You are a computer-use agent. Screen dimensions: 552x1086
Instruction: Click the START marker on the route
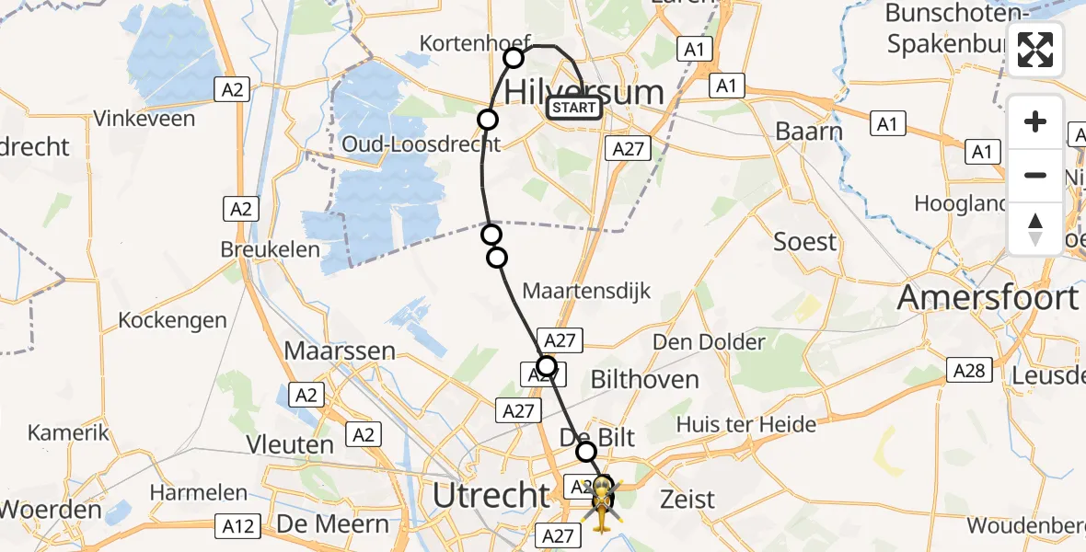[x=574, y=109]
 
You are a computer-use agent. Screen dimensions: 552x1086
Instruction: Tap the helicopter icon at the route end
[x=601, y=504]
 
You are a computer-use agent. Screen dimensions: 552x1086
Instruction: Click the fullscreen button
[x=1035, y=50]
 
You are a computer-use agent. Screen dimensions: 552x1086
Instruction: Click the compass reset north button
[x=1035, y=229]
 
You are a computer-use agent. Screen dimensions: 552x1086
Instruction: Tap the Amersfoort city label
[x=987, y=298]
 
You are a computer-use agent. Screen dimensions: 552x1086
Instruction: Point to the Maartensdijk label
[x=586, y=292]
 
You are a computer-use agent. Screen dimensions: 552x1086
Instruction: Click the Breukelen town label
[x=271, y=249]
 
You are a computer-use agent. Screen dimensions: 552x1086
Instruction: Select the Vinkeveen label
[x=144, y=119]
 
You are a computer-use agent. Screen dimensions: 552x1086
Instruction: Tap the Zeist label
[x=687, y=500]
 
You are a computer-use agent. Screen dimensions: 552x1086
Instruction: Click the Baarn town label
[x=809, y=131]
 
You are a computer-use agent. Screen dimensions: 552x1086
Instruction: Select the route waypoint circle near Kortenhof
[x=514, y=59]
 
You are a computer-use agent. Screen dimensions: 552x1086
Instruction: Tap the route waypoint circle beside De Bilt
[x=586, y=452]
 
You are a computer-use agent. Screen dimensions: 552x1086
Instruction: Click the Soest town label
[x=805, y=242]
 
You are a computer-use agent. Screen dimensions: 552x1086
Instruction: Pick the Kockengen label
[x=172, y=320]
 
